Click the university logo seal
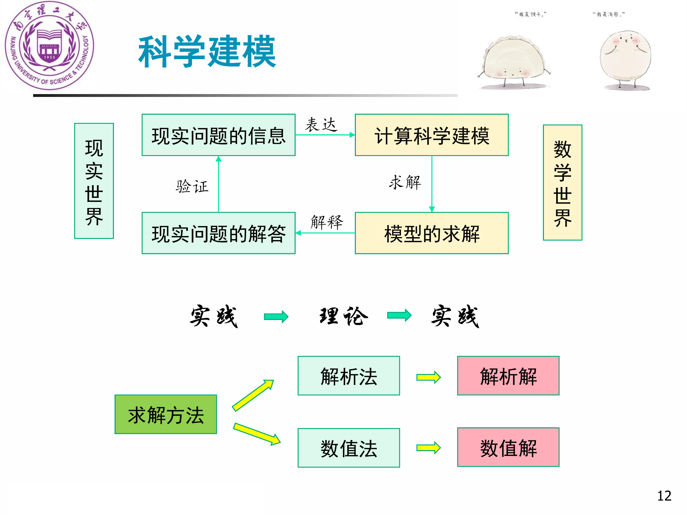pyautogui.click(x=49, y=45)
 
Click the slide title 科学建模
pyautogui.click(x=207, y=52)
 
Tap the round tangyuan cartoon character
pyautogui.click(x=625, y=59)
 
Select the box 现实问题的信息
pyautogui.click(x=218, y=135)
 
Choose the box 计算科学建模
pyautogui.click(x=432, y=135)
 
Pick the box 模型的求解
pyautogui.click(x=432, y=233)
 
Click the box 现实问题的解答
pyautogui.click(x=218, y=233)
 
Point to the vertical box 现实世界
pyautogui.click(x=94, y=181)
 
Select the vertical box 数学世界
pyautogui.click(x=562, y=183)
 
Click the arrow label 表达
pyautogui.click(x=321, y=125)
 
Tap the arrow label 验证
pyautogui.click(x=192, y=186)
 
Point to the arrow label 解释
pyautogui.click(x=327, y=222)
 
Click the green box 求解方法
pyautogui.click(x=166, y=414)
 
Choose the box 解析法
pyautogui.click(x=349, y=376)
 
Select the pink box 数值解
pyautogui.click(x=508, y=447)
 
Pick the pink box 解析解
pyautogui.click(x=508, y=376)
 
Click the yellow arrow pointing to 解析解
pyautogui.click(x=428, y=377)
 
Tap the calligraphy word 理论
pyautogui.click(x=344, y=316)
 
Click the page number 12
pyautogui.click(x=664, y=496)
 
